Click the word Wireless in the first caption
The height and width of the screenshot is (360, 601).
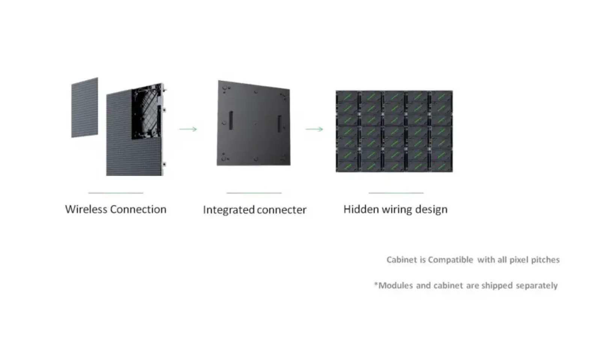pos(86,209)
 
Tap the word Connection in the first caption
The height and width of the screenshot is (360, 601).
pos(139,209)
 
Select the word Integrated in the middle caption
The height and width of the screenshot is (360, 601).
pos(229,210)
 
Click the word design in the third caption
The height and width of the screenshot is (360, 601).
pos(432,210)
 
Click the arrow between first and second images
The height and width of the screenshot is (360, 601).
pos(188,129)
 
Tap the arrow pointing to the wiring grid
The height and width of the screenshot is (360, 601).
pos(314,129)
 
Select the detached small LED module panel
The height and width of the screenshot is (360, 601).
pos(85,107)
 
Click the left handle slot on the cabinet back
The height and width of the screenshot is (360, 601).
pos(231,121)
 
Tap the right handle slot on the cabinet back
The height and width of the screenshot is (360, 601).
pos(279,124)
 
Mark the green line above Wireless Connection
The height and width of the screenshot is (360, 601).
pos(116,193)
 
